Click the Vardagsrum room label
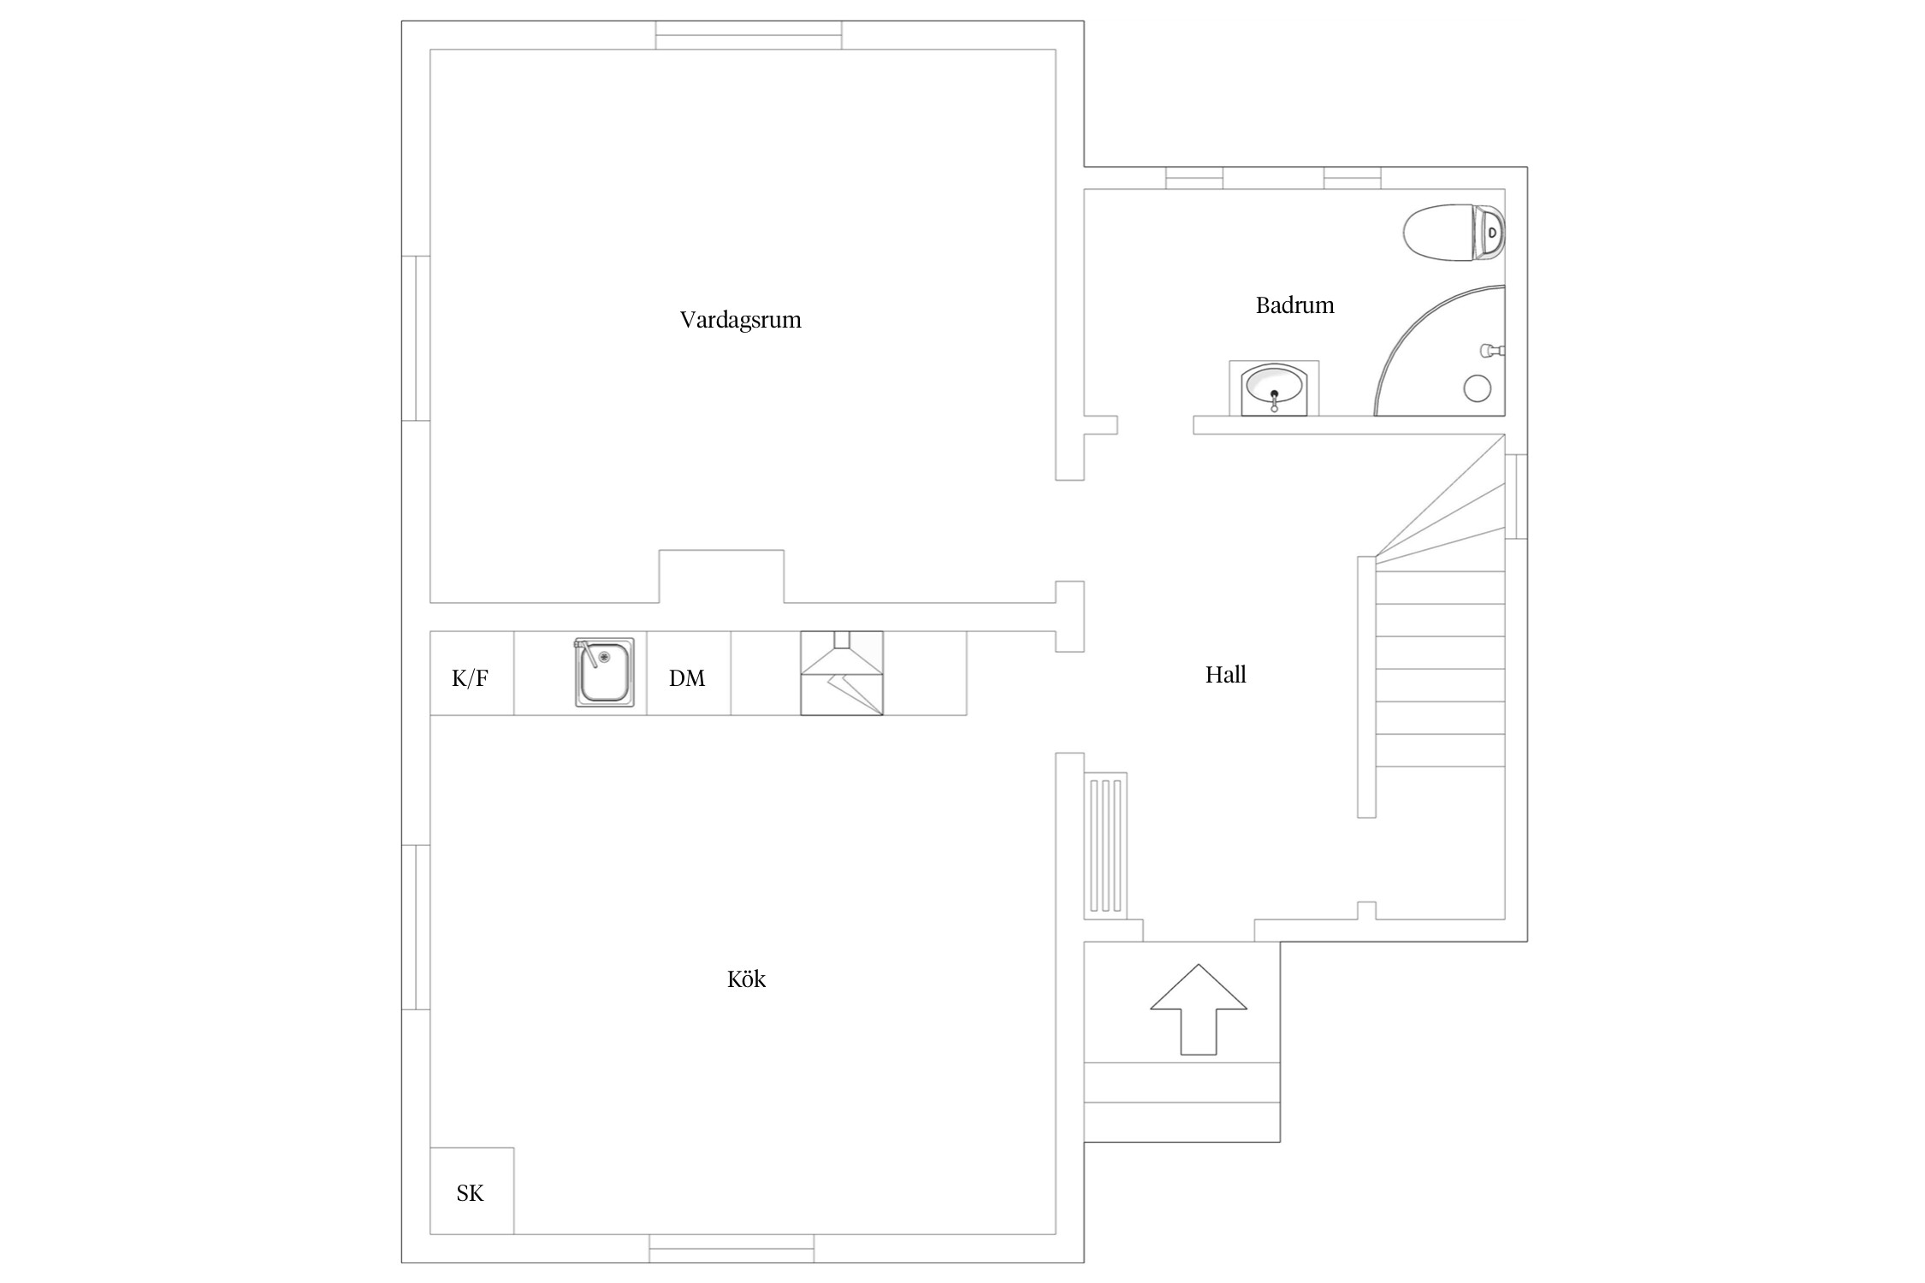click(740, 321)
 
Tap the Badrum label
click(1294, 305)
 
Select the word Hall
click(1225, 675)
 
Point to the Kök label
click(746, 979)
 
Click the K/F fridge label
click(470, 678)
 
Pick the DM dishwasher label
click(687, 678)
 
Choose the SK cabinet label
click(470, 1193)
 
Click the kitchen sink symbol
click(605, 672)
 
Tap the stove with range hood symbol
click(841, 673)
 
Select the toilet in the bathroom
click(1454, 232)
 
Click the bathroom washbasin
click(1274, 388)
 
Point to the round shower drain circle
click(1478, 388)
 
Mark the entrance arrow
click(1198, 1009)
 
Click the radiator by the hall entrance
click(1105, 846)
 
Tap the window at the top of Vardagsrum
click(749, 35)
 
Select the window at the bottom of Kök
click(731, 1248)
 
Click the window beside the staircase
click(1516, 496)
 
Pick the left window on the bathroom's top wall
click(1194, 178)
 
